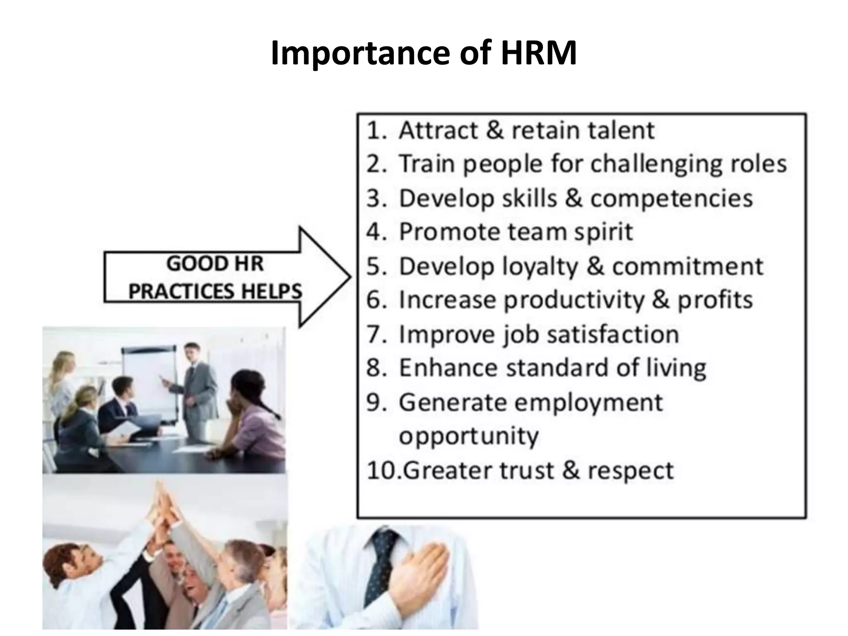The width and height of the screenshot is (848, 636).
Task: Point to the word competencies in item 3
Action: click(x=671, y=198)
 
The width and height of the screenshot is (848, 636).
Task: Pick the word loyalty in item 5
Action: click(x=540, y=267)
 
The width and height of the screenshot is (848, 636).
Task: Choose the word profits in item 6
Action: click(x=715, y=300)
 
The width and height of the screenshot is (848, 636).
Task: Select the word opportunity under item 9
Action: click(x=468, y=436)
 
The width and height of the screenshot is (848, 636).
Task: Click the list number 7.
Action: click(x=376, y=334)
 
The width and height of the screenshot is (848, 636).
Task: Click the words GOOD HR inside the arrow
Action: click(x=214, y=264)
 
